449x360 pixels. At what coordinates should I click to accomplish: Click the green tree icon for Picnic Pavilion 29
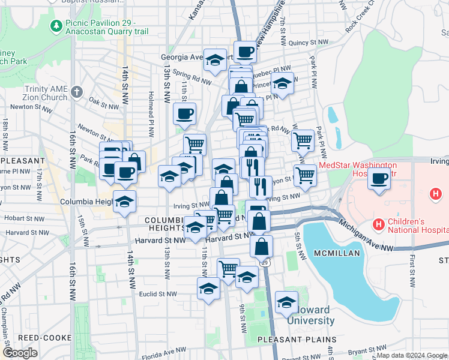coord(56,26)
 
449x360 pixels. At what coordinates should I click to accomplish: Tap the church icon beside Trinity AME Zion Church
coord(76,92)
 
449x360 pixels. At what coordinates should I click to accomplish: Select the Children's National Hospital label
coord(417,225)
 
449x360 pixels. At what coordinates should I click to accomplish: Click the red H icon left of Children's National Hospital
coord(378,225)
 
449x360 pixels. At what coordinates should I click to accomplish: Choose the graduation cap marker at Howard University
coord(287,301)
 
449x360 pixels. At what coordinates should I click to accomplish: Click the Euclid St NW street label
coord(158,294)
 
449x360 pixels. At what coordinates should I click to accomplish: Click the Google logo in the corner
coord(20,353)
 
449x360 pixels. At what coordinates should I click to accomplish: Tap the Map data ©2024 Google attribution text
coord(412,355)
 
